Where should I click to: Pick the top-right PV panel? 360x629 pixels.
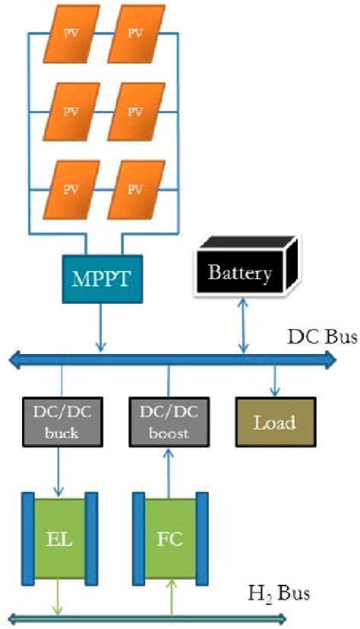[135, 35]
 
